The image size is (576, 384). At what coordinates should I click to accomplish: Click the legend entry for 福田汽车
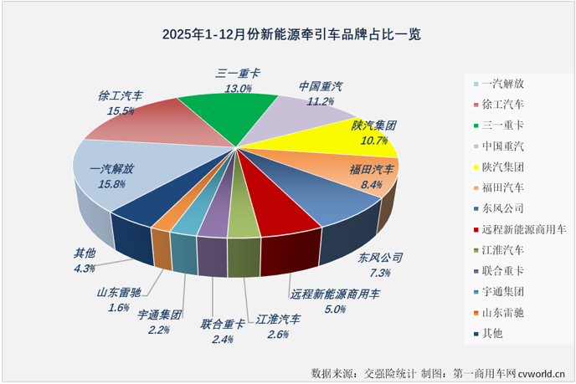coord(501,187)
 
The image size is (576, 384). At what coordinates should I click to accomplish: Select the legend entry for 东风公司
coord(501,207)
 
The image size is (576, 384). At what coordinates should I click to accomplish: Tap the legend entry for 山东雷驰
coord(501,312)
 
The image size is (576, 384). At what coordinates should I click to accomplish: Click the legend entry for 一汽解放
coord(501,83)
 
